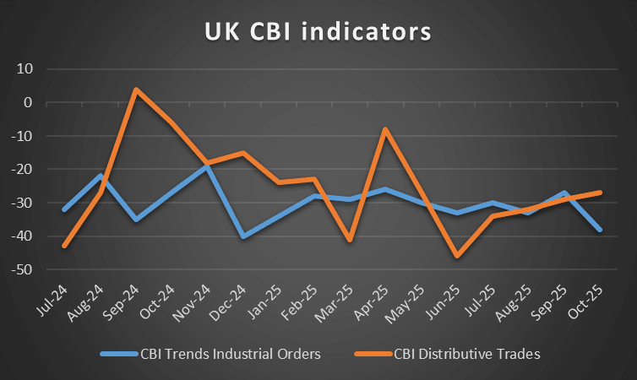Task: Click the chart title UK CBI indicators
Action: click(x=318, y=32)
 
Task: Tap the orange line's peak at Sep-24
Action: click(x=136, y=89)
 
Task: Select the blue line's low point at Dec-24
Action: click(x=243, y=236)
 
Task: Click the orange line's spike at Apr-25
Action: click(x=386, y=129)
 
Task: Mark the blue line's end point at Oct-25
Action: click(x=601, y=230)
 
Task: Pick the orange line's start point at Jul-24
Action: click(x=64, y=246)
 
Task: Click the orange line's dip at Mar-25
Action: click(x=351, y=240)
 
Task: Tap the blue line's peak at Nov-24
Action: click(x=208, y=166)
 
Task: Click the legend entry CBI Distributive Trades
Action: click(x=465, y=354)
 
